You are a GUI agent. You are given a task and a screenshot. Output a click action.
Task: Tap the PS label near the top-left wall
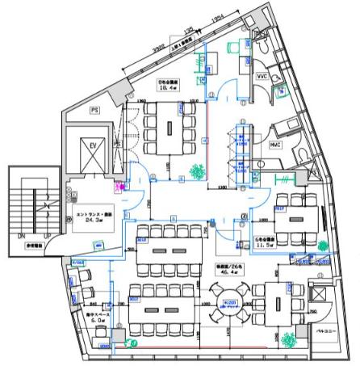(x=94, y=107)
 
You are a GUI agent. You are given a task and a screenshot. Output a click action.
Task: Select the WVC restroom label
(x=262, y=77)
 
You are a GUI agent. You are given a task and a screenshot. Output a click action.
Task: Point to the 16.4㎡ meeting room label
(x=169, y=89)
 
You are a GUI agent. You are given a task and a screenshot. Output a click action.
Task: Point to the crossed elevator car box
(x=85, y=153)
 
